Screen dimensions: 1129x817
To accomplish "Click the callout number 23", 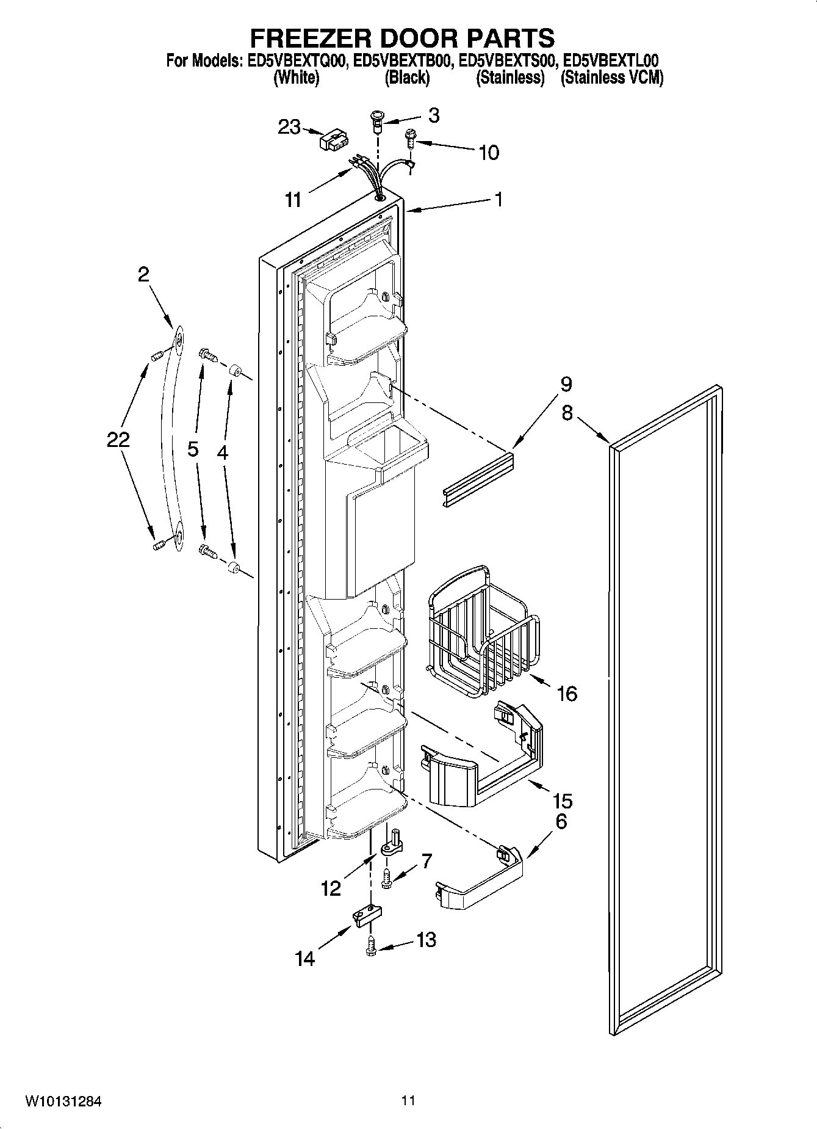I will click(289, 127).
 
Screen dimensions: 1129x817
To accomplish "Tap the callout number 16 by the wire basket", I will click(567, 693).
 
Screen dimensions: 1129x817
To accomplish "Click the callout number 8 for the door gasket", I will click(567, 413).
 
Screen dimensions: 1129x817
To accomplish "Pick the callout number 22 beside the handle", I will click(118, 439).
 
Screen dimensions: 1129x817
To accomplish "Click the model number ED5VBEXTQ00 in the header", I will click(297, 61).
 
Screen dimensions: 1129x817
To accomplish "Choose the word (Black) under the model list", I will click(407, 78).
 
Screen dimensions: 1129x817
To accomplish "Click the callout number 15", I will click(562, 800).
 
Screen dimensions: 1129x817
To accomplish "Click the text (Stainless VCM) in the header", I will click(611, 78).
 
